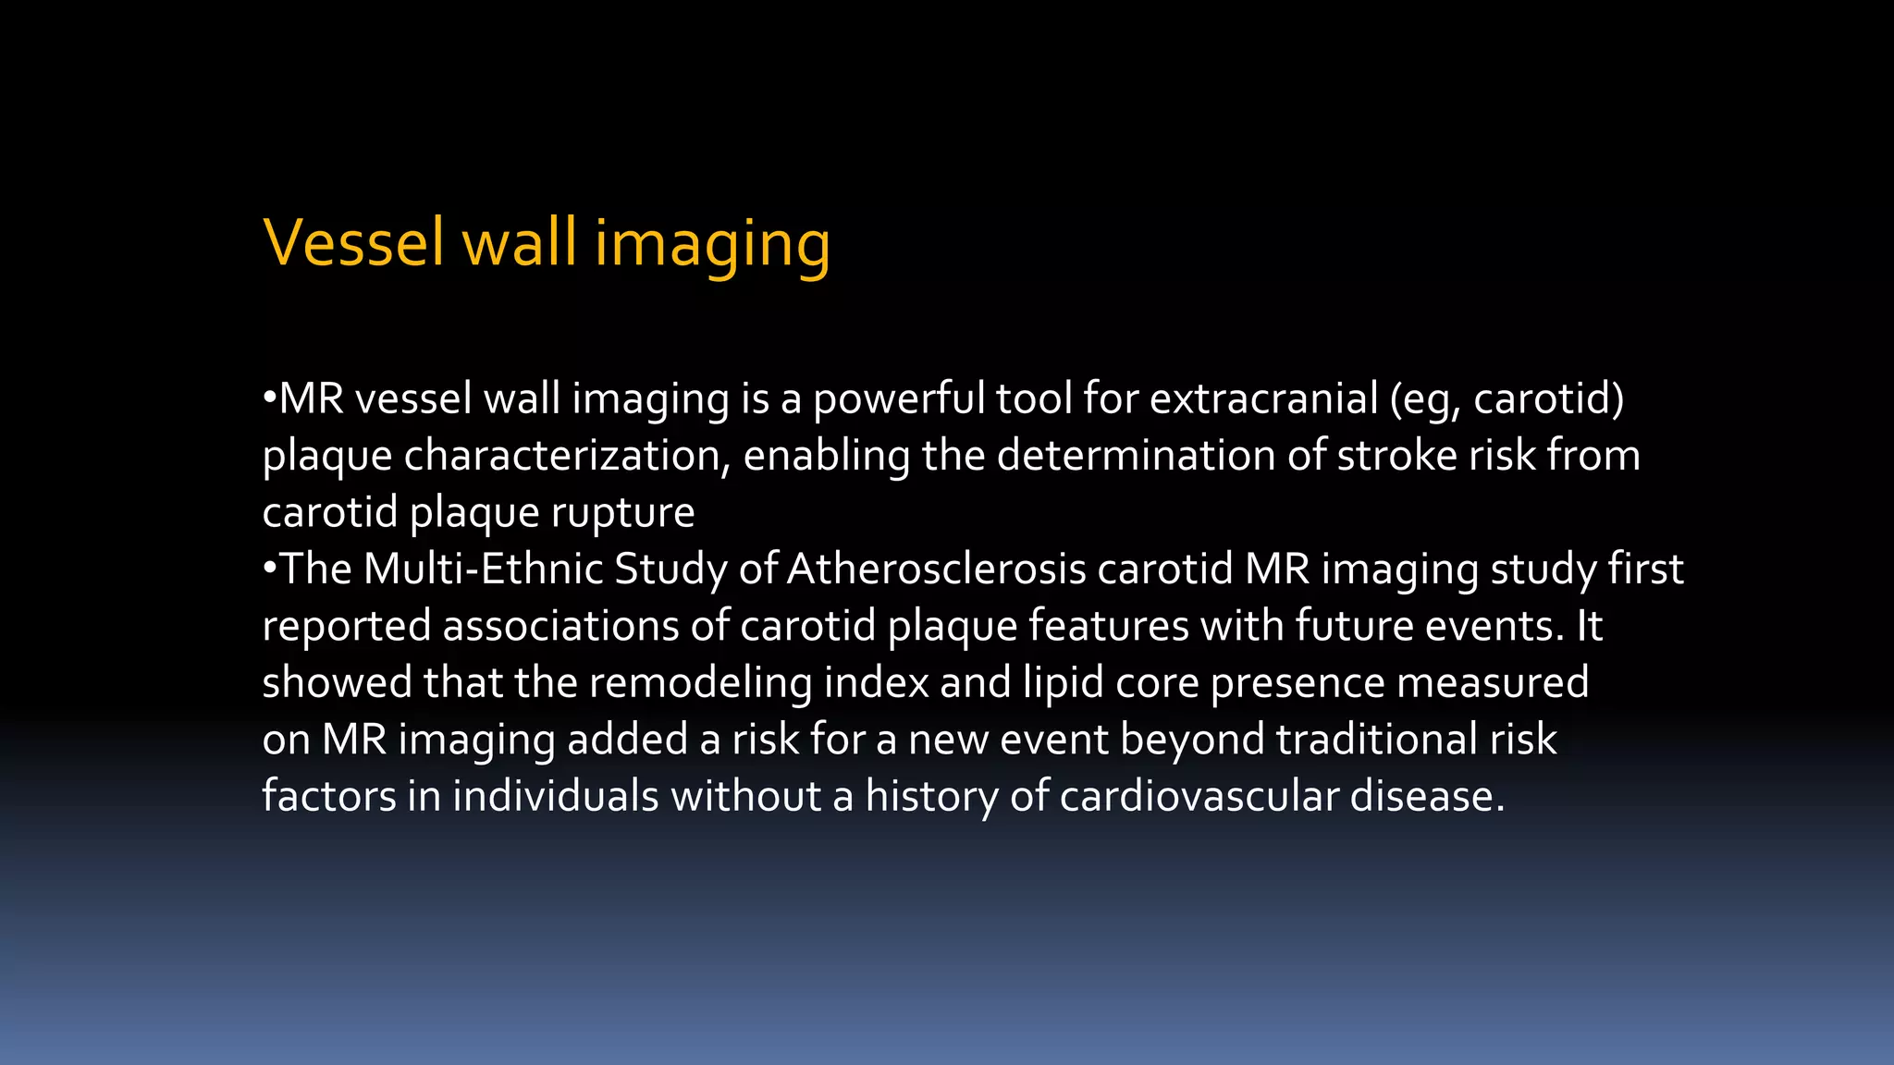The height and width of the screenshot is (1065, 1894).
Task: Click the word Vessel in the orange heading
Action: [354, 242]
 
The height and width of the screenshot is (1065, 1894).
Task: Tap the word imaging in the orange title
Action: [712, 244]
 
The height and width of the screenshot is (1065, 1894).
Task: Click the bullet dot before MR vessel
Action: [269, 398]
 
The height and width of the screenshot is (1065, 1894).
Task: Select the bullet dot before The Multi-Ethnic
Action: [269, 568]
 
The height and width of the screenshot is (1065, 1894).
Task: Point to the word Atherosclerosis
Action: [936, 569]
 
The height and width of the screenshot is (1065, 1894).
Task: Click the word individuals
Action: [555, 797]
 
